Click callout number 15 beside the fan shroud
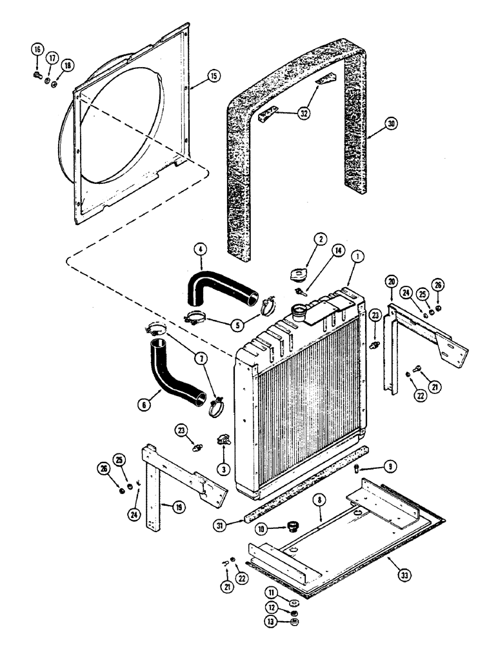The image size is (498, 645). tap(213, 77)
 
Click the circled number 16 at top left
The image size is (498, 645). tap(37, 49)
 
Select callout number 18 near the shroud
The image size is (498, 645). tap(66, 66)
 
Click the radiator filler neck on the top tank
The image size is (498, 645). tap(300, 312)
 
